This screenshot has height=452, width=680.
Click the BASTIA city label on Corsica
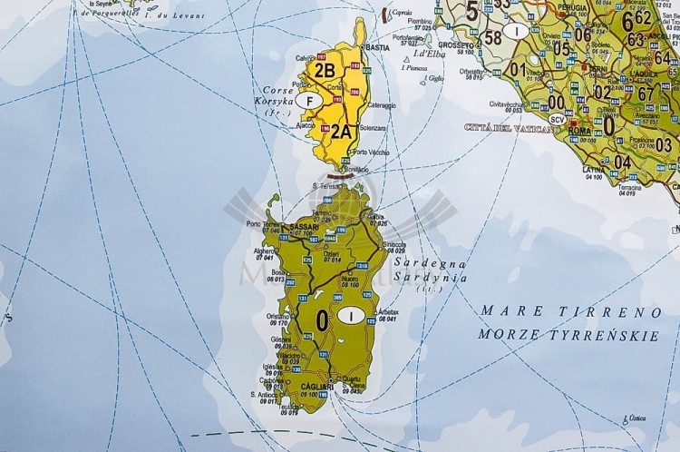[x=376, y=46]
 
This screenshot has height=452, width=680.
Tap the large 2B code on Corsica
[x=324, y=68]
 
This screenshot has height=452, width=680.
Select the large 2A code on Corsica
[x=340, y=131]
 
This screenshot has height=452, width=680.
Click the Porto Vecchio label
[x=371, y=152]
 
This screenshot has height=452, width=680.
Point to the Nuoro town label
[x=364, y=280]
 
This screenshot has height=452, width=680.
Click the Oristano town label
[x=278, y=316]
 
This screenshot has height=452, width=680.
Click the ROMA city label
[x=580, y=132]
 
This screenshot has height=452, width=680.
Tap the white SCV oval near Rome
[x=558, y=119]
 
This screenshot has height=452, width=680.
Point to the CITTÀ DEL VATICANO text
[x=512, y=128]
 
